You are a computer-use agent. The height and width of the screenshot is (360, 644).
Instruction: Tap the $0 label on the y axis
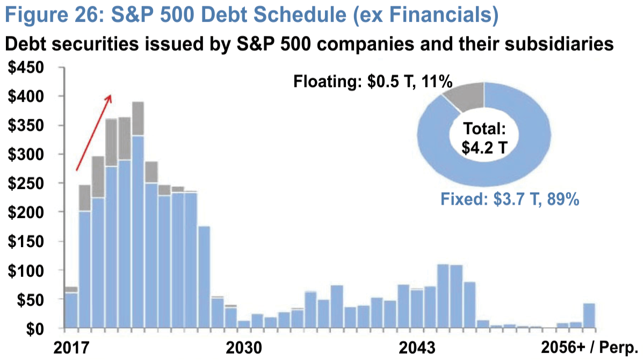[42, 328]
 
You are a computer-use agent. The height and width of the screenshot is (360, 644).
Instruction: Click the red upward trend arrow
[94, 132]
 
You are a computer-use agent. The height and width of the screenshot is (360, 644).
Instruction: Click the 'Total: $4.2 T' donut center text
[484, 139]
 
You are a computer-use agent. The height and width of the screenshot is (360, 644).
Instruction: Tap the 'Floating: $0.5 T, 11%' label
[372, 82]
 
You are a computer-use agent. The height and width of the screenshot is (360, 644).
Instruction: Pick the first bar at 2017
[71, 309]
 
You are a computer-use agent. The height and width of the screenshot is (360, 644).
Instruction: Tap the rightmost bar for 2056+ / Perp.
[589, 316]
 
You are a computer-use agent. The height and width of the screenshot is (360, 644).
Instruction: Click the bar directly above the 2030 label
[244, 324]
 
